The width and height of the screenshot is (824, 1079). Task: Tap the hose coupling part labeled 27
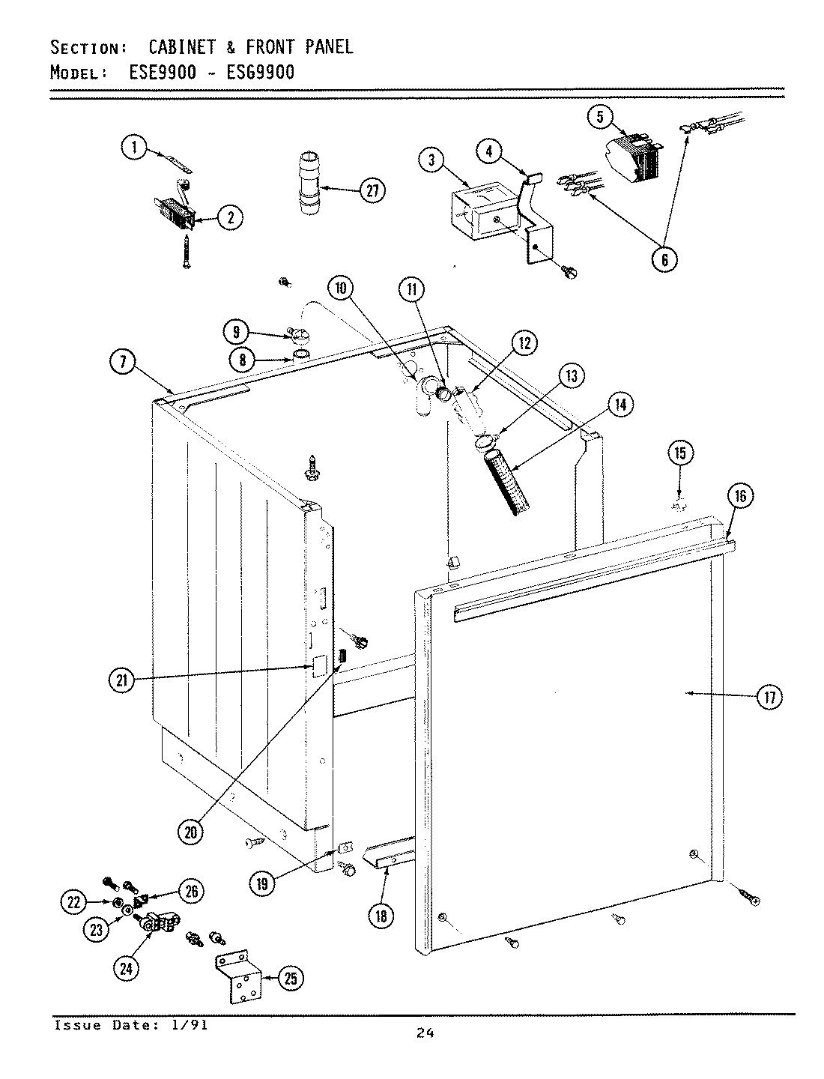309,184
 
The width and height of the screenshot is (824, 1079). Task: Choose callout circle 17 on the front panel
768,697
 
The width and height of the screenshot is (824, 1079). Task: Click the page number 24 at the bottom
425,1033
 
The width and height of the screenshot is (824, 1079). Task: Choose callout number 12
524,344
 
